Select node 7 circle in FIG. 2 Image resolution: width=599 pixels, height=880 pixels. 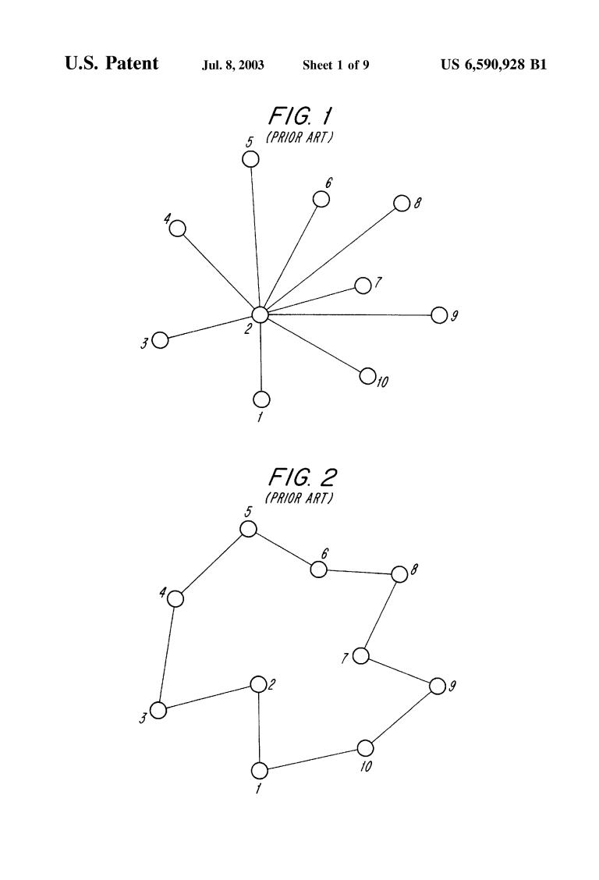coord(360,655)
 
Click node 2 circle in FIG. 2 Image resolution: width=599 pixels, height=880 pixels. coord(258,685)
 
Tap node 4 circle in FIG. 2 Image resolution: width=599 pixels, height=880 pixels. coord(175,599)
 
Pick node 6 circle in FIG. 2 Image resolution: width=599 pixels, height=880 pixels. coord(318,570)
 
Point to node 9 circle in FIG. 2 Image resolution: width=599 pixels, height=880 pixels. coord(438,686)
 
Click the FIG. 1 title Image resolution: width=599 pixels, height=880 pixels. coord(300,116)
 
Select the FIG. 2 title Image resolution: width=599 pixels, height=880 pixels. coord(303,477)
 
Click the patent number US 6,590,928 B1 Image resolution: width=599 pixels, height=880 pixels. coord(494,65)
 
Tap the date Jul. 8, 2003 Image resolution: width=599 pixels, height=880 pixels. coord(232,65)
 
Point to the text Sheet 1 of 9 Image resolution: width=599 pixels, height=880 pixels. coord(336,65)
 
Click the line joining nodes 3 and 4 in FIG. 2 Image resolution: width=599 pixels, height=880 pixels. coord(167,655)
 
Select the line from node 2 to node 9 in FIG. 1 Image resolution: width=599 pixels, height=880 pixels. coord(349,315)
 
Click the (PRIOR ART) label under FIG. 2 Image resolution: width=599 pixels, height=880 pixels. coord(299,498)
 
